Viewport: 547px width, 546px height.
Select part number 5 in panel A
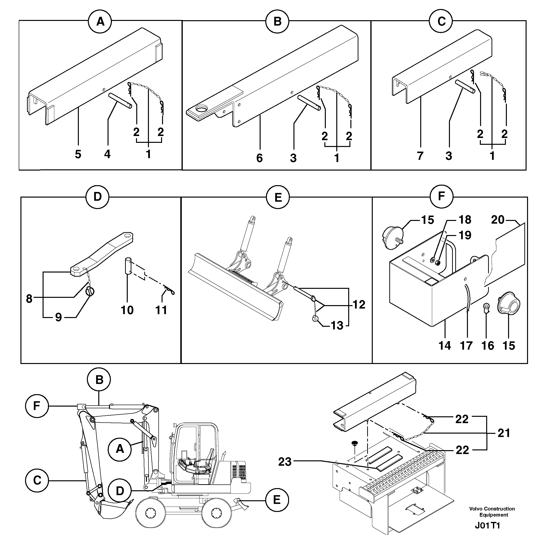pyautogui.click(x=78, y=154)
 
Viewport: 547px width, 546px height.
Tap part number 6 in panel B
pyautogui.click(x=259, y=158)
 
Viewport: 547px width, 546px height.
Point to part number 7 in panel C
pyautogui.click(x=420, y=156)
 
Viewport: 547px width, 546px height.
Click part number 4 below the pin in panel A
pyautogui.click(x=107, y=154)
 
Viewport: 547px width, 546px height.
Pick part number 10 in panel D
pyautogui.click(x=127, y=310)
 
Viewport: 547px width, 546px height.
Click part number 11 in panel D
pyautogui.click(x=161, y=310)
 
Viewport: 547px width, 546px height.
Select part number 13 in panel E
pyautogui.click(x=337, y=326)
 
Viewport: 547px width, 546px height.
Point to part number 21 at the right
pyautogui.click(x=504, y=433)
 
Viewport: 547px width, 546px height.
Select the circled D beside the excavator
pyautogui.click(x=120, y=491)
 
